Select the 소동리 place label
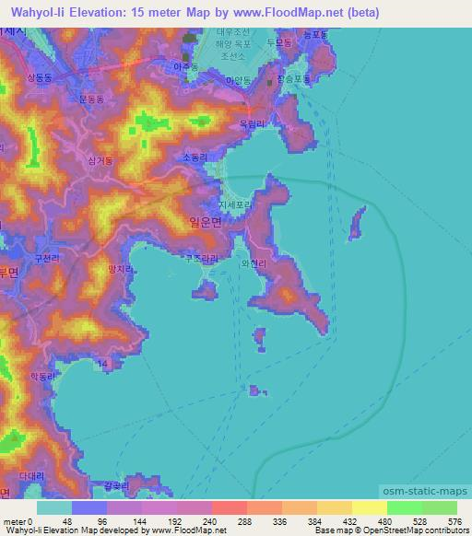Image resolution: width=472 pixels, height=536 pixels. [x=196, y=157]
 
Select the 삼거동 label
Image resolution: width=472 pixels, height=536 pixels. [x=99, y=160]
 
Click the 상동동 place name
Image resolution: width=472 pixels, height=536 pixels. [x=42, y=78]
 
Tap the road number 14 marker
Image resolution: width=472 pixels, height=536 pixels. [x=103, y=366]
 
